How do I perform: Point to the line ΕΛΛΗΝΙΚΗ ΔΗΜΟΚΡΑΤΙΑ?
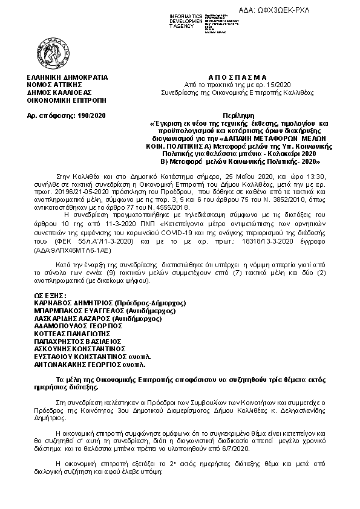coord(63,78)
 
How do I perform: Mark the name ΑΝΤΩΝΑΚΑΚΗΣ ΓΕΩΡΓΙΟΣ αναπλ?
coord(86,365)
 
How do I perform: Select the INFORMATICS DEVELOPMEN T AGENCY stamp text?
coord(170,18)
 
